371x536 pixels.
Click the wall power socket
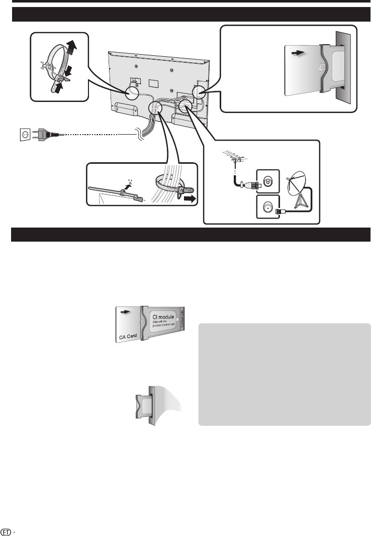pyautogui.click(x=23, y=135)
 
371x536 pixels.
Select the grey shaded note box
pyautogui.click(x=285, y=374)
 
